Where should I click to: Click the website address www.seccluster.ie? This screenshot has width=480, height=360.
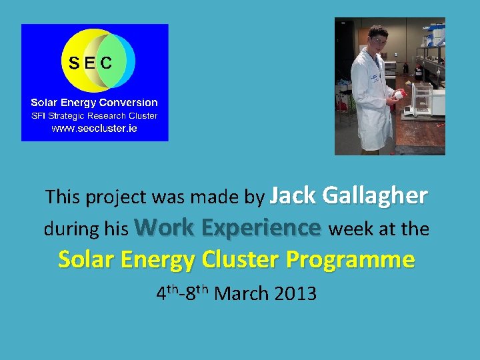pos(94,128)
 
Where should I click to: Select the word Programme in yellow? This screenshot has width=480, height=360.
pos(351,259)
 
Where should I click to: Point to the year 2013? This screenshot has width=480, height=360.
pos(295,293)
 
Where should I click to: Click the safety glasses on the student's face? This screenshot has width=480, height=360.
pos(378,41)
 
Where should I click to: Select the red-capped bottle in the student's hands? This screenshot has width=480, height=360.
pos(399,95)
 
